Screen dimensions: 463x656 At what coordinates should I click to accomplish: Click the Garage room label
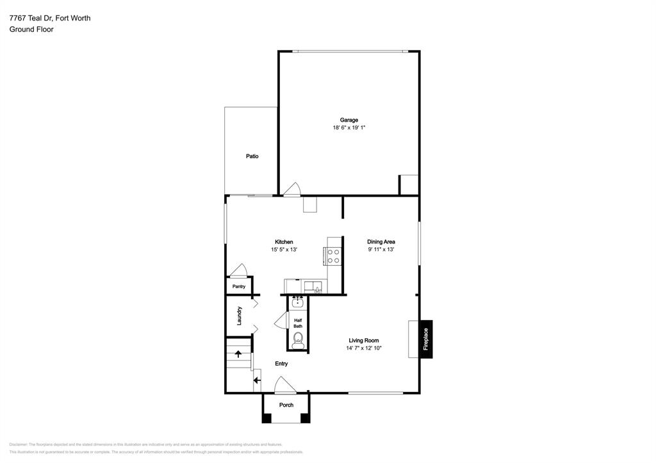(348, 120)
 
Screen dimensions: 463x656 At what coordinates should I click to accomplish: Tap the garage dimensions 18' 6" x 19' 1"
(348, 128)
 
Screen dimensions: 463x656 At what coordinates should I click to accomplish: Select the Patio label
(252, 156)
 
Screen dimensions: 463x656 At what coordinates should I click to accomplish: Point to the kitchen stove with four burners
(334, 256)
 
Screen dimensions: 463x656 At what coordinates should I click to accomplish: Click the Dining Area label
(381, 242)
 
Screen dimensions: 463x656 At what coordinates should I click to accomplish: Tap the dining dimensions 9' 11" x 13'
(381, 250)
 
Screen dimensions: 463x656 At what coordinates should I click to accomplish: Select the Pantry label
(239, 287)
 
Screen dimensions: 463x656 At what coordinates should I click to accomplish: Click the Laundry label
(239, 316)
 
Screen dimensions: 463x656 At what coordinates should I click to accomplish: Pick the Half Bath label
(298, 323)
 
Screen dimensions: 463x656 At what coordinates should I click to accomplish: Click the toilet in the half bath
(298, 339)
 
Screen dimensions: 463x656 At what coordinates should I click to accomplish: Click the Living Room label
(364, 341)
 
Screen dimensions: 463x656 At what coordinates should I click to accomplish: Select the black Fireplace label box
(425, 339)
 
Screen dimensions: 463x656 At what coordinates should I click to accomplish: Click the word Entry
(281, 364)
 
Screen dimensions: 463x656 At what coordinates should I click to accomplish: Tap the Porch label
(286, 405)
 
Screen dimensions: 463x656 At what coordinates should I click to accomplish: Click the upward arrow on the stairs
(238, 353)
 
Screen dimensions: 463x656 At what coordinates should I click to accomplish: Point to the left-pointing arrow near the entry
(257, 380)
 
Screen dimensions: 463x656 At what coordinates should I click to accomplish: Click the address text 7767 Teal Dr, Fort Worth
(50, 18)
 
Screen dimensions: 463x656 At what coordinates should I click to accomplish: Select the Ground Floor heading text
(31, 29)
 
